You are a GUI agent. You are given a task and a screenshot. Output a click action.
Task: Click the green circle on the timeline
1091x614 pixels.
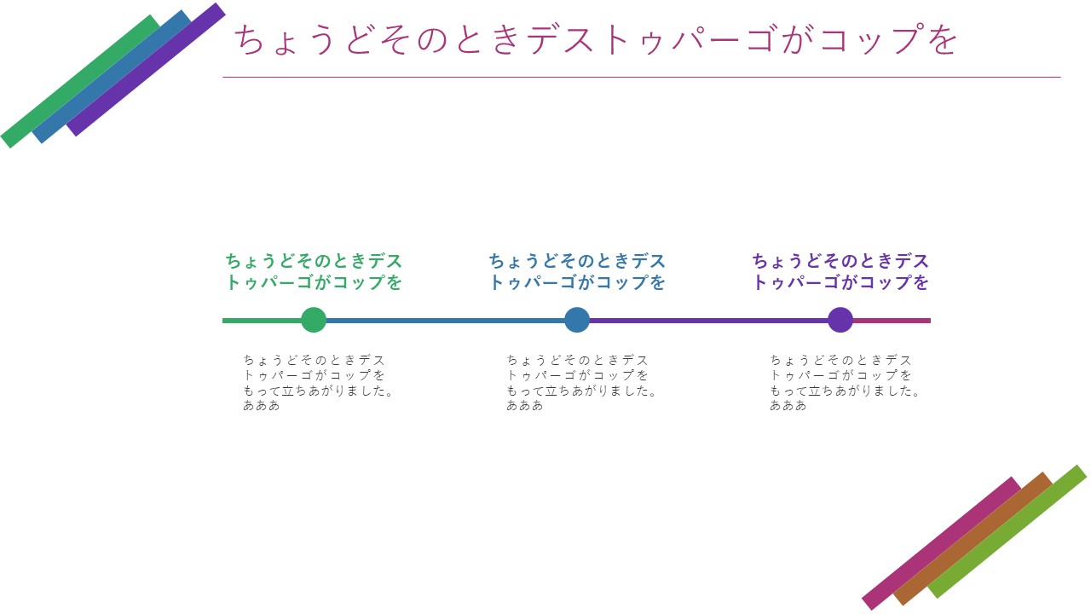314,320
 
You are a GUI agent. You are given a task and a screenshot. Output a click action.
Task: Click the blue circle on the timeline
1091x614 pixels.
577,320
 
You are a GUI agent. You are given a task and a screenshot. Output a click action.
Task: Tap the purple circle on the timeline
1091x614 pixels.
840,320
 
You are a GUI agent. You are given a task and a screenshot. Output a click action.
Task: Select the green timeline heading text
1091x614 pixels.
314,271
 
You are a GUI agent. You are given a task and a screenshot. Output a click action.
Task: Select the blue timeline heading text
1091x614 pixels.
577,271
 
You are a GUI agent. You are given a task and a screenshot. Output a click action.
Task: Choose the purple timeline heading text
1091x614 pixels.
840,271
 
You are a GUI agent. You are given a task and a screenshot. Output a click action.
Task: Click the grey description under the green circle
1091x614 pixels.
318,383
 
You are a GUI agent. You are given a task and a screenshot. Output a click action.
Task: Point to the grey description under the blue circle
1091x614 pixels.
581,383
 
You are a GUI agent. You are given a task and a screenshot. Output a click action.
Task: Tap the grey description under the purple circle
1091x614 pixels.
844,383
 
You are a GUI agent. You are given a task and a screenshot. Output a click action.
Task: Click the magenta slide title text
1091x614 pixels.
596,39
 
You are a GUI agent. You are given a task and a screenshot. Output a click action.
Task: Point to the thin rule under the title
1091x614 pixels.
642,77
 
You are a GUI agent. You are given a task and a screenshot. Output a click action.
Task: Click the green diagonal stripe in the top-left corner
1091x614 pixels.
80,81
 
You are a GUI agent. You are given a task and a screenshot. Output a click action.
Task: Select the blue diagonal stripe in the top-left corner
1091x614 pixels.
112,77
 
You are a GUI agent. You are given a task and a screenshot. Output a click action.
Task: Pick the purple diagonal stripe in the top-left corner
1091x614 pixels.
146,70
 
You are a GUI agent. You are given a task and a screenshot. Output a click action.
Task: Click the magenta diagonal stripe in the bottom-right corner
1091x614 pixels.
942,543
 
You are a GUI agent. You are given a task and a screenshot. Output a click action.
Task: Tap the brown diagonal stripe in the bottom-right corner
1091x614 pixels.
973,538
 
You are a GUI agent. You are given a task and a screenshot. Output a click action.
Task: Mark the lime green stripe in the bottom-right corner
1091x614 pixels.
1007,531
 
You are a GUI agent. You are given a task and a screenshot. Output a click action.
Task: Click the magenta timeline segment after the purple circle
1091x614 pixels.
892,321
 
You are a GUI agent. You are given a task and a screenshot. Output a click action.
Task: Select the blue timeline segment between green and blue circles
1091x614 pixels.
445,321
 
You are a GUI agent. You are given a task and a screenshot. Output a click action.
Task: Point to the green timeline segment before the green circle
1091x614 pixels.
262,321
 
